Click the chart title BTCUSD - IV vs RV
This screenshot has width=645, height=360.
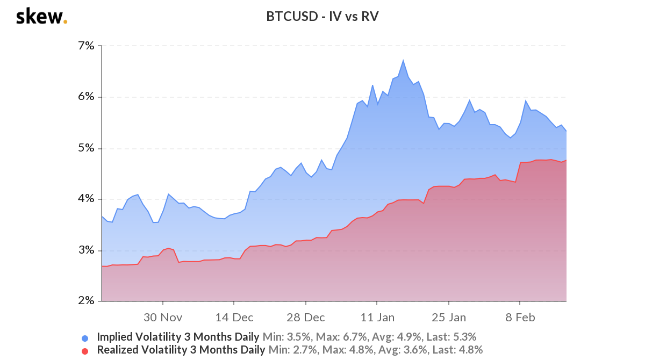322,17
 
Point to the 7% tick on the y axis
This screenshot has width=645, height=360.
86,46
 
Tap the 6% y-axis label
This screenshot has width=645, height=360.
86,97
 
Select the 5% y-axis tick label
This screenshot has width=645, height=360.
86,148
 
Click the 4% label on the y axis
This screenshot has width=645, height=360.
86,199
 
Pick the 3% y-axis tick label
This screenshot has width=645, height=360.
86,250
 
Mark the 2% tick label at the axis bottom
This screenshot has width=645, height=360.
86,301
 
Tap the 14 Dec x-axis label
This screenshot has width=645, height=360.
234,317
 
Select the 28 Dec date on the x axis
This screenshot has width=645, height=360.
305,317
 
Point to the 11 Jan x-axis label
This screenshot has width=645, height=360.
377,317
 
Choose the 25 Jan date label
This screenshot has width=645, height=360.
449,317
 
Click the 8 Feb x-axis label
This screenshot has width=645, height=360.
520,317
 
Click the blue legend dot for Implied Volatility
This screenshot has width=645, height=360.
85,338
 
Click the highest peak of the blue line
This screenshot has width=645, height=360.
403,60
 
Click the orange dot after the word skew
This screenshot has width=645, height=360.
66,22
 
